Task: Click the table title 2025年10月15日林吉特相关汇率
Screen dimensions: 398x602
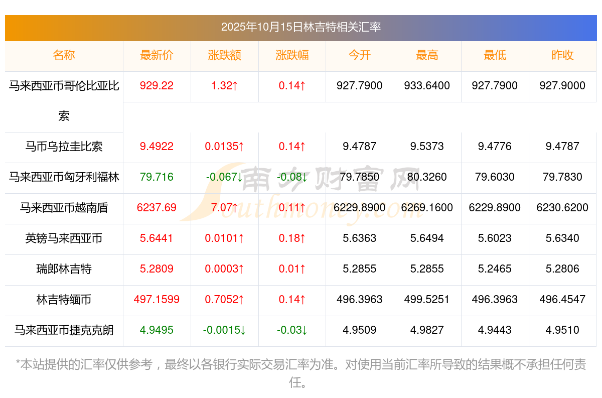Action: click(300, 27)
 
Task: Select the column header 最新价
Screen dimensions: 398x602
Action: click(157, 56)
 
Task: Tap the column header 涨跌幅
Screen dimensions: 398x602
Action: click(292, 56)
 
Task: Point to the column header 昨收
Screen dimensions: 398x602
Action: click(562, 56)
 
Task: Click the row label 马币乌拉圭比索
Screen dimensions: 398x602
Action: click(64, 147)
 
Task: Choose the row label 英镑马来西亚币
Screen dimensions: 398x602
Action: click(64, 238)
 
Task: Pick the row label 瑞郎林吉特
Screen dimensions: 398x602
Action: click(64, 269)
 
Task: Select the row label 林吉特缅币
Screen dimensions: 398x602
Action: click(64, 300)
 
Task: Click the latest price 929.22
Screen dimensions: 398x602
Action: click(157, 86)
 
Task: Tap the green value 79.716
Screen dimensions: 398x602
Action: click(157, 177)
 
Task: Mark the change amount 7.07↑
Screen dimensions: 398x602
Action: click(224, 208)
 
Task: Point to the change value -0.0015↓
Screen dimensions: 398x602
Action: click(224, 330)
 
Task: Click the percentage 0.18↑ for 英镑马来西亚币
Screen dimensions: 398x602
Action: click(292, 238)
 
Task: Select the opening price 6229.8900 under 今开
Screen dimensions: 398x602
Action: click(360, 208)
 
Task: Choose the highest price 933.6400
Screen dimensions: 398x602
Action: click(427, 86)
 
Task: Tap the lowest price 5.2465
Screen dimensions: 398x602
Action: click(495, 269)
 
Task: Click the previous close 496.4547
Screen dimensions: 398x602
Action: click(562, 300)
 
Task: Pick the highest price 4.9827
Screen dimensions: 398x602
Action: click(427, 330)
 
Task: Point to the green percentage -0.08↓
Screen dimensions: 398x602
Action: click(292, 177)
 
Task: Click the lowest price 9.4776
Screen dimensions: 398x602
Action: click(495, 147)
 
